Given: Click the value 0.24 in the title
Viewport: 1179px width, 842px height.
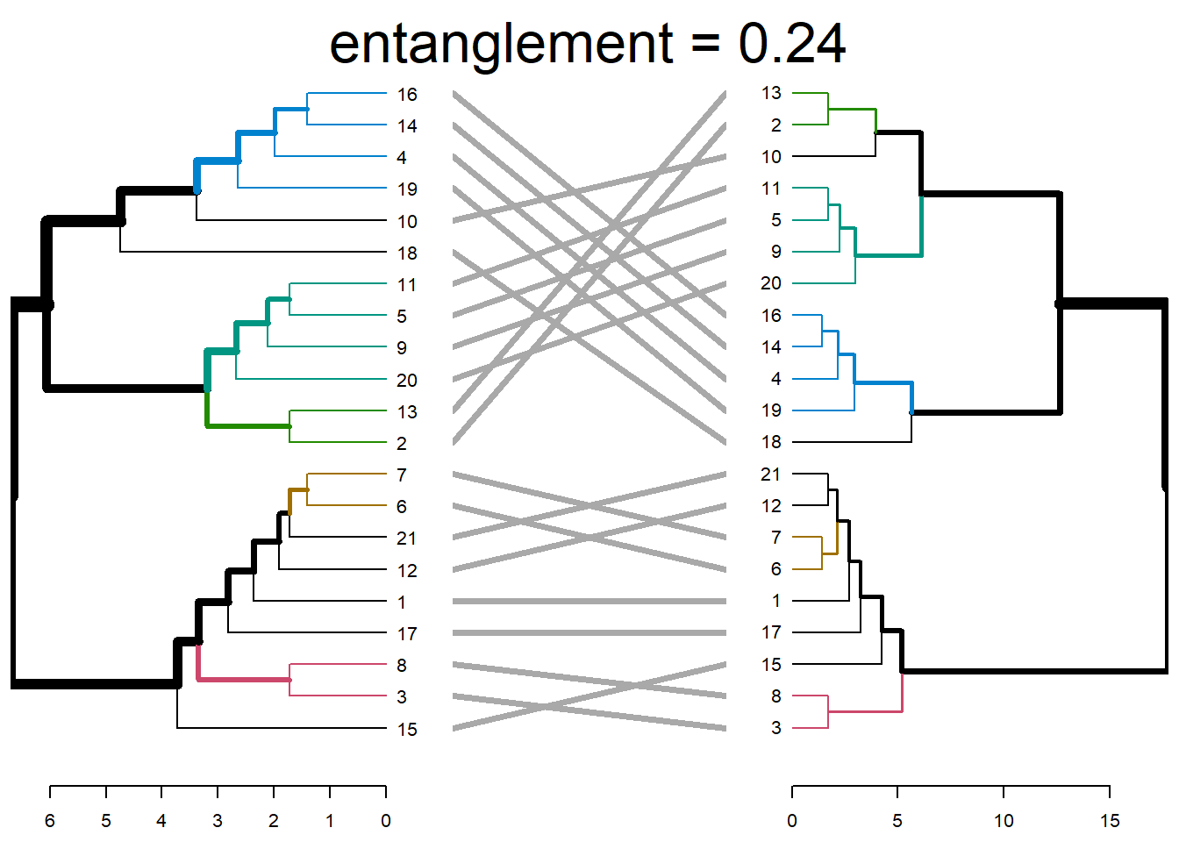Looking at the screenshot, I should tap(791, 44).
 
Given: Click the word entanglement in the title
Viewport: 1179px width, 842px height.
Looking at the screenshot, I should tap(501, 44).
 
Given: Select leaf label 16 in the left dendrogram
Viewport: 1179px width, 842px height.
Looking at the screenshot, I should tap(406, 95).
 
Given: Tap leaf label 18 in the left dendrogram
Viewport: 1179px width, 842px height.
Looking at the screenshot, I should tap(406, 253).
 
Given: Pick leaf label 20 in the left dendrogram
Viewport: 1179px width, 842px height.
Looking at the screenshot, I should tap(406, 381).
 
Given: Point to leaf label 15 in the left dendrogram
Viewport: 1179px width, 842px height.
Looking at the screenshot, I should tap(406, 730).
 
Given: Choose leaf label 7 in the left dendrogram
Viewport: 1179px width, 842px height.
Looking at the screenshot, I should tap(402, 475).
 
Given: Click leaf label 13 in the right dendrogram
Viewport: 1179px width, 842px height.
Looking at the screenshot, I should tap(771, 93).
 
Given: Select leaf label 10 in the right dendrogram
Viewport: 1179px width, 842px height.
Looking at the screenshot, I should tap(771, 157).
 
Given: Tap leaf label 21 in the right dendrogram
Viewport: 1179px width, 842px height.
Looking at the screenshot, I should tap(771, 475).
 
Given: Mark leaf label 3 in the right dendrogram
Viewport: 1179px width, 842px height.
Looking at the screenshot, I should tap(775, 728).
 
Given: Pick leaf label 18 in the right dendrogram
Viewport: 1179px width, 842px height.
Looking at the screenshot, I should tap(771, 442).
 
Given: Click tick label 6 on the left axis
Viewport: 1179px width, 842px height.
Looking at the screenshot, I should tap(50, 821).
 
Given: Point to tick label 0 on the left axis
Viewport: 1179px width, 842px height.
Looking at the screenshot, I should tap(386, 821).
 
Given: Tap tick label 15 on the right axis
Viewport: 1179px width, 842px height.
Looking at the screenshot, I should tap(1110, 821).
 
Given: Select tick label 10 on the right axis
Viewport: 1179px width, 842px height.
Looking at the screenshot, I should tap(1004, 821).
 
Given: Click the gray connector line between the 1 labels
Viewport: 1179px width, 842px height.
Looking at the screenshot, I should tap(589, 602).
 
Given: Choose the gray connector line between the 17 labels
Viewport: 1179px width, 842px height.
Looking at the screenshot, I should tap(589, 633).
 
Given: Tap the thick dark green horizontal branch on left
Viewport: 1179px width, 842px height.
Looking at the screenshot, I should tap(248, 426).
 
